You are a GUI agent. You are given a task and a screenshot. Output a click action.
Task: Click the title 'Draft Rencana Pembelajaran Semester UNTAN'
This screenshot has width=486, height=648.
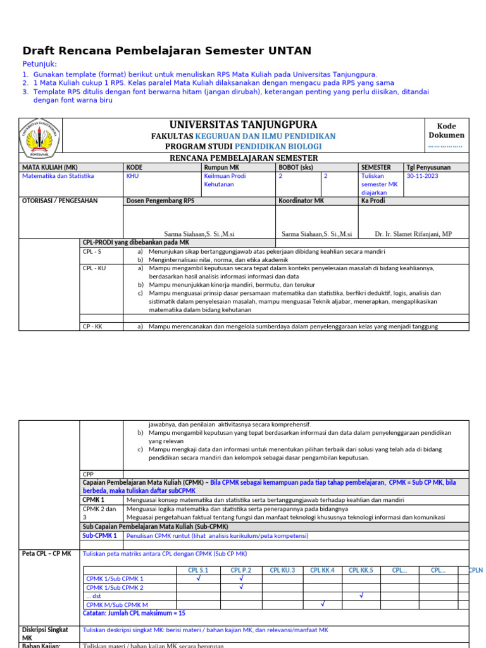point(166,51)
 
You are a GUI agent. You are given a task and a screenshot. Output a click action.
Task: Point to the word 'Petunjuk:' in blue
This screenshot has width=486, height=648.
point(40,65)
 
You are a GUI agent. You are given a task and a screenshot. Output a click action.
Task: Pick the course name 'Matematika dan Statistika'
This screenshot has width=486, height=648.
point(58,177)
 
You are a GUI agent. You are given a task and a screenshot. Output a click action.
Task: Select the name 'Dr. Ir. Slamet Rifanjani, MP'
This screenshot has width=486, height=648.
point(414,234)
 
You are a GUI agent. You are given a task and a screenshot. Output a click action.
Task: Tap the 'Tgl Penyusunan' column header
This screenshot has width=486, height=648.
point(428,167)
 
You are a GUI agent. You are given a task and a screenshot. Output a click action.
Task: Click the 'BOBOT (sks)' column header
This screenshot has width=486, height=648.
point(296,167)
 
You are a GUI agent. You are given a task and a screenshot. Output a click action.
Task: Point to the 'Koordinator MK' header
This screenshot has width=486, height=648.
point(301,201)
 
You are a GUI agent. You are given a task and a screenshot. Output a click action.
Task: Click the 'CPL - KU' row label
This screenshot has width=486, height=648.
point(95,268)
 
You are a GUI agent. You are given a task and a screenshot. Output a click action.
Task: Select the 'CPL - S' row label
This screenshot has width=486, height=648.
point(92,251)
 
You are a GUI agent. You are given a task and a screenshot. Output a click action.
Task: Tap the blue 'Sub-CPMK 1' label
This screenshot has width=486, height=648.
point(100,535)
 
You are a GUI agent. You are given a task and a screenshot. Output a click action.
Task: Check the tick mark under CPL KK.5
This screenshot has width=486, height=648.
point(361,595)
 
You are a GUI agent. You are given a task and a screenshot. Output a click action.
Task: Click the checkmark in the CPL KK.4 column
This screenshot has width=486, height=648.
point(322,604)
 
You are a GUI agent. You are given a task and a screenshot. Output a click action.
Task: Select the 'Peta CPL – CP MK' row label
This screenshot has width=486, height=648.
point(47,554)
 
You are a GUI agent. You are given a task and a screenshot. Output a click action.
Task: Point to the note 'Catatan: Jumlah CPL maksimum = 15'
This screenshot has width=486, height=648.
point(134,613)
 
